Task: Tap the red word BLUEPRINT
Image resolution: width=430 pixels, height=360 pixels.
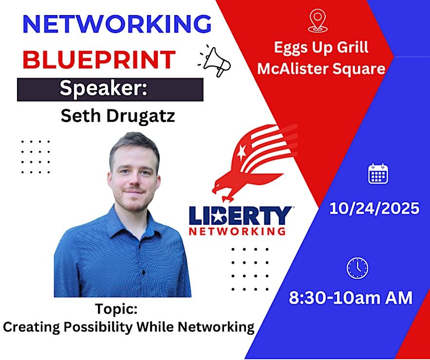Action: coord(99,59)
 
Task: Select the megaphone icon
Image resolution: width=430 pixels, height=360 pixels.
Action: coord(215,61)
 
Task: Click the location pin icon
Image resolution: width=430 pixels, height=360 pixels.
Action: coord(318,21)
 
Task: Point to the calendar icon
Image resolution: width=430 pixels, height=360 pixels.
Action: coord(378,173)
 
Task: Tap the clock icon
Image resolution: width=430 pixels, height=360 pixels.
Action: coord(357,268)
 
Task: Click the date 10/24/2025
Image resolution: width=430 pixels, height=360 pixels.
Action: coord(374,208)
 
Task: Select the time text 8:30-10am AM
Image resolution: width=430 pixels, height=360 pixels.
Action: coord(351,298)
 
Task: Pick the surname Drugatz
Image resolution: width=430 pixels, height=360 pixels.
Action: coord(141,116)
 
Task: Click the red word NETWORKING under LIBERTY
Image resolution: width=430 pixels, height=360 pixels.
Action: coord(237,232)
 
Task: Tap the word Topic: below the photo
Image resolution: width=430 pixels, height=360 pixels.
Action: coord(116,309)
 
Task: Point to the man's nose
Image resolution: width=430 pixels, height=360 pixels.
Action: coord(134,180)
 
